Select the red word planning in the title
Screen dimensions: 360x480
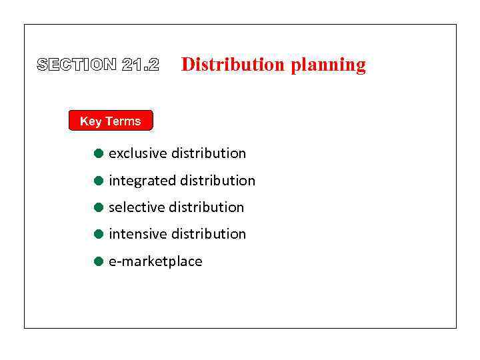(328, 65)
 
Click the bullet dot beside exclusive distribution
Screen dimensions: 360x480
(98, 153)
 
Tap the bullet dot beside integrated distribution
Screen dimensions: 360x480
(98, 181)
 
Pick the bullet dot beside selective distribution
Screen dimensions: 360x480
(98, 207)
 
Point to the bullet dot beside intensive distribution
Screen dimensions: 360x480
(98, 234)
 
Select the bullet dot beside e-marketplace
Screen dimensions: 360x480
(98, 261)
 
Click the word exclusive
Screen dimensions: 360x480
(138, 153)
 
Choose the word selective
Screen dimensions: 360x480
(137, 207)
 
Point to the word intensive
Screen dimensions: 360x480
(138, 234)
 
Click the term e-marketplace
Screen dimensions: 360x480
(155, 261)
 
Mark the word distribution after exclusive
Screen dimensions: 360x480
(209, 153)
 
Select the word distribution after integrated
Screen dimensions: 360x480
(218, 181)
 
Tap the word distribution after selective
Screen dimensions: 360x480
(207, 207)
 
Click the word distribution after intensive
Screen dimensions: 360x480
(209, 234)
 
